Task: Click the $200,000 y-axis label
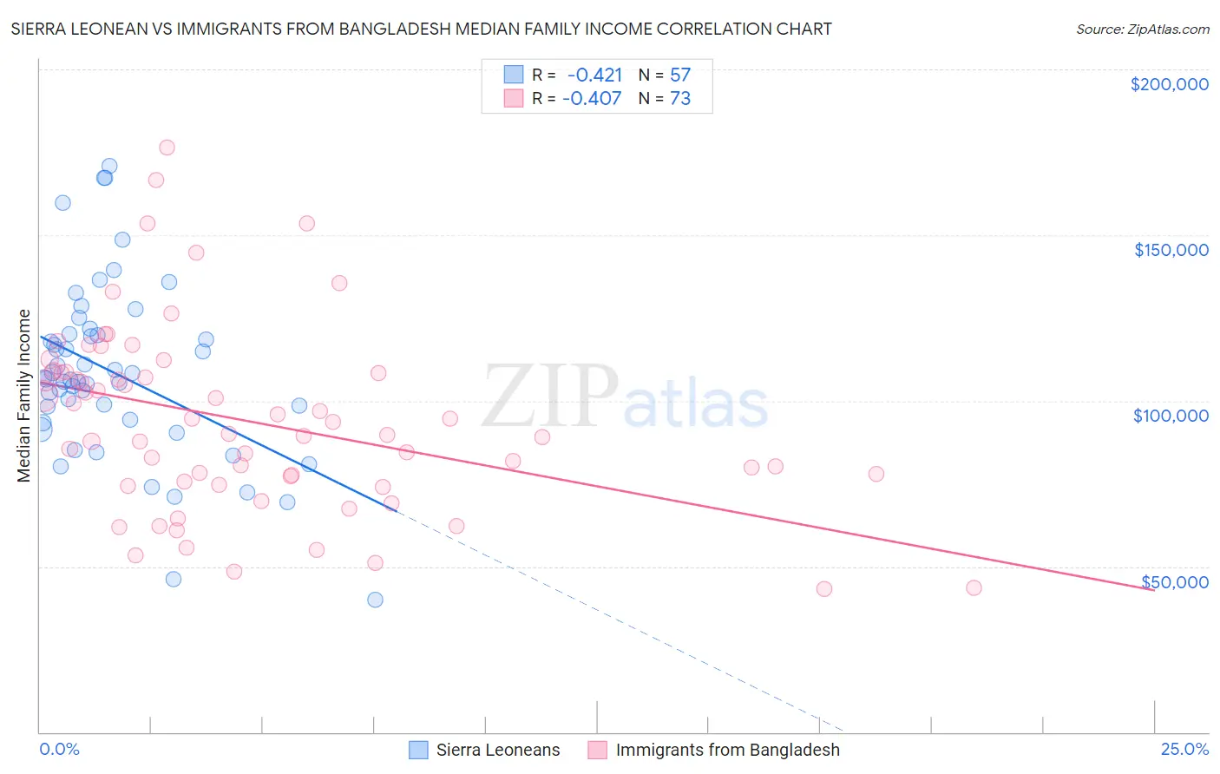point(1169,84)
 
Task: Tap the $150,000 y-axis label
point(1171,250)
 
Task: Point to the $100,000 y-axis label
point(1171,416)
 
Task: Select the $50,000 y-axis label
point(1175,581)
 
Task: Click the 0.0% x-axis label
point(59,749)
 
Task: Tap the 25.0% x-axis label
point(1184,749)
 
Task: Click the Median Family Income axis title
point(24,396)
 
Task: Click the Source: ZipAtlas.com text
point(1142,30)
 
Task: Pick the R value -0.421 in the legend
point(594,75)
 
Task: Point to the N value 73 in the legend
point(680,99)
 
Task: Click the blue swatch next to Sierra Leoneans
point(419,750)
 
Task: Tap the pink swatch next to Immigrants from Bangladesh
point(597,750)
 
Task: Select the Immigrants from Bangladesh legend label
point(727,750)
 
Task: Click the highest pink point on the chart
point(167,148)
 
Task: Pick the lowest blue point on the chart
point(375,600)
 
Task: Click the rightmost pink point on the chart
point(974,588)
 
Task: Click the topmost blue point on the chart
point(109,166)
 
